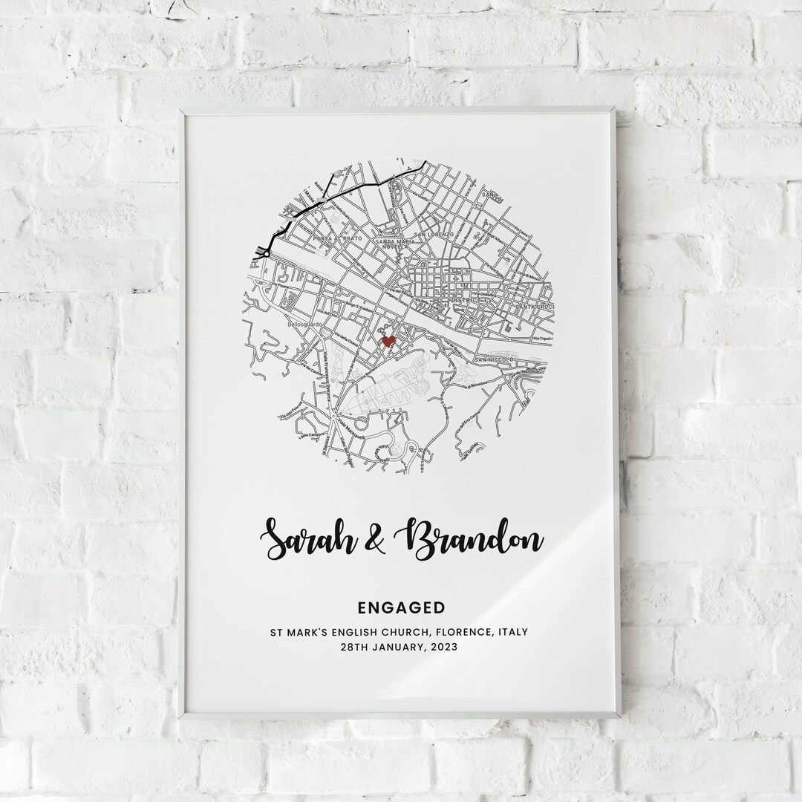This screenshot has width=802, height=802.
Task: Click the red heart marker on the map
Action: [387, 342]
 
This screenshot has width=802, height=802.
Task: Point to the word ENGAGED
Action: [401, 608]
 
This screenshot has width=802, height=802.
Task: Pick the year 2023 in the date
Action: [443, 648]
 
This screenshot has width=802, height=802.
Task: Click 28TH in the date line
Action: [356, 648]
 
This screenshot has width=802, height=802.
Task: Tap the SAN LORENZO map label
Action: [433, 234]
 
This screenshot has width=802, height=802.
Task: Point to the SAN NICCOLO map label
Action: [491, 360]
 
